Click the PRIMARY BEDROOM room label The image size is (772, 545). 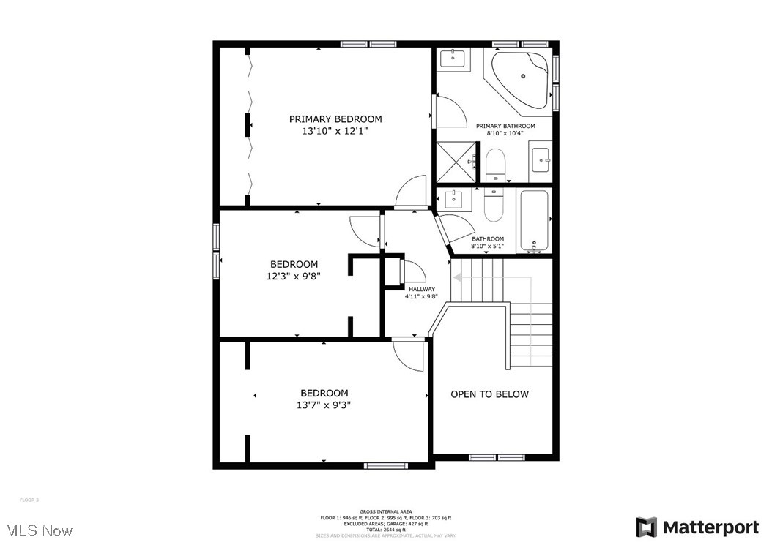[x=335, y=119]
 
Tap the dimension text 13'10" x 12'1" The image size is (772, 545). [x=335, y=131]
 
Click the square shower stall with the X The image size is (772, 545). [x=455, y=161]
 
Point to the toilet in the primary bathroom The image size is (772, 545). [x=496, y=164]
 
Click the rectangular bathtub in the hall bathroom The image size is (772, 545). [x=535, y=220]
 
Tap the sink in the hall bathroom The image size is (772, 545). [x=455, y=198]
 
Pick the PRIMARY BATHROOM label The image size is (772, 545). [x=505, y=126]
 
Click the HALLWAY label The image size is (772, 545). [x=422, y=289]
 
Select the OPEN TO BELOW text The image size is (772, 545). [x=489, y=394]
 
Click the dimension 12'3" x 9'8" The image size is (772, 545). [x=294, y=277]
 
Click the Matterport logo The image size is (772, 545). [x=697, y=527]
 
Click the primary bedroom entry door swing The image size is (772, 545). [x=412, y=192]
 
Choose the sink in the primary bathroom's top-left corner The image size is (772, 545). [x=455, y=58]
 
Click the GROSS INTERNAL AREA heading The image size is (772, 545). [x=385, y=511]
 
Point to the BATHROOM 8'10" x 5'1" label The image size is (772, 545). [x=488, y=242]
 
